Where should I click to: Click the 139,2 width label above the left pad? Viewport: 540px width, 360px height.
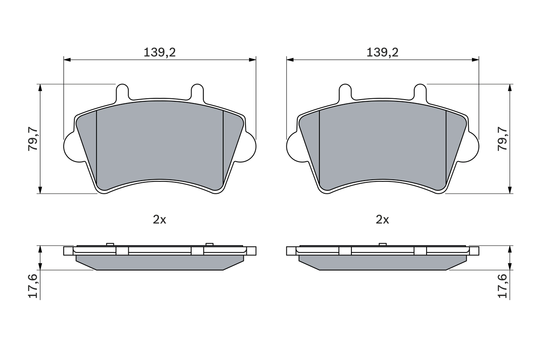click(159, 53)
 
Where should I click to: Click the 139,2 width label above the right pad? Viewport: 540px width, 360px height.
click(382, 53)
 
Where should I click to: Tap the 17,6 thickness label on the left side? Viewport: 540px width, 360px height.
click(33, 286)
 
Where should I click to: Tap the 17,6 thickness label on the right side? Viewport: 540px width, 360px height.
click(502, 286)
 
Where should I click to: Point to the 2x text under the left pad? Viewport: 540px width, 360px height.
click(159, 219)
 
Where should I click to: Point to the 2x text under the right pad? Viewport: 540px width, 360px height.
click(382, 219)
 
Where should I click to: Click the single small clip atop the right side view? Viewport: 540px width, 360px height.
click(383, 244)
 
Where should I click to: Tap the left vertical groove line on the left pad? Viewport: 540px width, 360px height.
click(97, 148)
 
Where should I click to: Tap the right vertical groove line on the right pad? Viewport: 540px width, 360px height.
click(446, 148)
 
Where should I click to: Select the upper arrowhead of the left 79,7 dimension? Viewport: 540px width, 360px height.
click(40, 87)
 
